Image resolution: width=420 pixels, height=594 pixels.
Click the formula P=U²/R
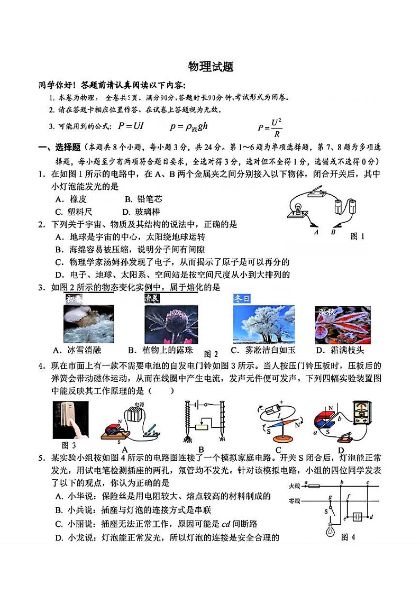[270, 127]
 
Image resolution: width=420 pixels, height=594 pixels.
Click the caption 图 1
[358, 236]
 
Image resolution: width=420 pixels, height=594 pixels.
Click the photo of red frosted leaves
[342, 325]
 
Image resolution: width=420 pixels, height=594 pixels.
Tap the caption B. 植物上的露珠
[161, 350]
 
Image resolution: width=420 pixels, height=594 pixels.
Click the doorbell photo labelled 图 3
[70, 420]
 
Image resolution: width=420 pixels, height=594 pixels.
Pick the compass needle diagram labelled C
[280, 421]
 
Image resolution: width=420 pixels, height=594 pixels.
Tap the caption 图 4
[349, 537]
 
